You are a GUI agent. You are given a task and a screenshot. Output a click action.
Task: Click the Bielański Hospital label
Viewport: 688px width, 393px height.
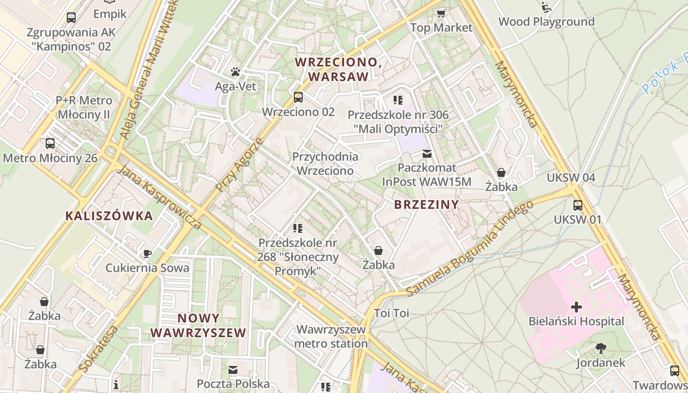pyautogui.click(x=576, y=321)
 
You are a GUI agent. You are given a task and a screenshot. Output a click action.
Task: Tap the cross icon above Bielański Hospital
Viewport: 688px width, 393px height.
pyautogui.click(x=576, y=308)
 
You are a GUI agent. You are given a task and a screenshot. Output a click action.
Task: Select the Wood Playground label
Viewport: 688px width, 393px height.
pyautogui.click(x=546, y=22)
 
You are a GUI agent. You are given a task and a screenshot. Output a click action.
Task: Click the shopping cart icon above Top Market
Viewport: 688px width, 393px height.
pyautogui.click(x=441, y=13)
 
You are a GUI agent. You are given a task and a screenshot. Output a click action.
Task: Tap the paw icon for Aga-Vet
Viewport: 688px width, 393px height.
pyautogui.click(x=235, y=72)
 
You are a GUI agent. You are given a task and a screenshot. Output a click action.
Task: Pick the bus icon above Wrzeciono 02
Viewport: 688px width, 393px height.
pyautogui.click(x=298, y=97)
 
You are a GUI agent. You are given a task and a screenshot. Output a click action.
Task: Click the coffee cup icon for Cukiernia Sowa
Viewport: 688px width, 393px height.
pyautogui.click(x=147, y=253)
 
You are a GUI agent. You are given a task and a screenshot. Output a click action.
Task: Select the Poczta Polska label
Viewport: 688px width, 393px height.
pyautogui.click(x=233, y=384)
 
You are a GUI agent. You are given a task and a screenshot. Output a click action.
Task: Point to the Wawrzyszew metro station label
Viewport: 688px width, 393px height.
pyautogui.click(x=331, y=336)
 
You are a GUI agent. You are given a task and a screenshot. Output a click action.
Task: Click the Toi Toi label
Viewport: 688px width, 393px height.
pyautogui.click(x=391, y=313)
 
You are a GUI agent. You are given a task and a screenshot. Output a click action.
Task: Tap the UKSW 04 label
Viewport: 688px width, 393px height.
pyautogui.click(x=571, y=177)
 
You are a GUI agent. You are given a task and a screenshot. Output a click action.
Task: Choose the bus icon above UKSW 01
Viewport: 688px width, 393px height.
pyautogui.click(x=577, y=205)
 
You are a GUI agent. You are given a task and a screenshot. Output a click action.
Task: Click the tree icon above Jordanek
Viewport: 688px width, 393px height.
pyautogui.click(x=601, y=349)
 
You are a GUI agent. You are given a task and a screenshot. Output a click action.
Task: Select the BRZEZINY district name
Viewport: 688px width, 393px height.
pyautogui.click(x=427, y=205)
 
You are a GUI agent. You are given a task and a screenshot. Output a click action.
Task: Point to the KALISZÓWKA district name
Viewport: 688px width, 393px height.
pyautogui.click(x=109, y=216)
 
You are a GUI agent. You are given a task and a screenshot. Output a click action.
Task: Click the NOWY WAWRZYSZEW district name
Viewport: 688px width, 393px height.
pyautogui.click(x=198, y=325)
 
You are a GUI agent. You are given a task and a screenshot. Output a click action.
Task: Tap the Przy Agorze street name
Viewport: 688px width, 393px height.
pyautogui.click(x=239, y=165)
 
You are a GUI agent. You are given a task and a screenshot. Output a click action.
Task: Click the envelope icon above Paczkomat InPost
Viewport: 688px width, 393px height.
pyautogui.click(x=427, y=154)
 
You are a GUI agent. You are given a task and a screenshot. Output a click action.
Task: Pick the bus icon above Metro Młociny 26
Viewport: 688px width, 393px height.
pyautogui.click(x=50, y=143)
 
